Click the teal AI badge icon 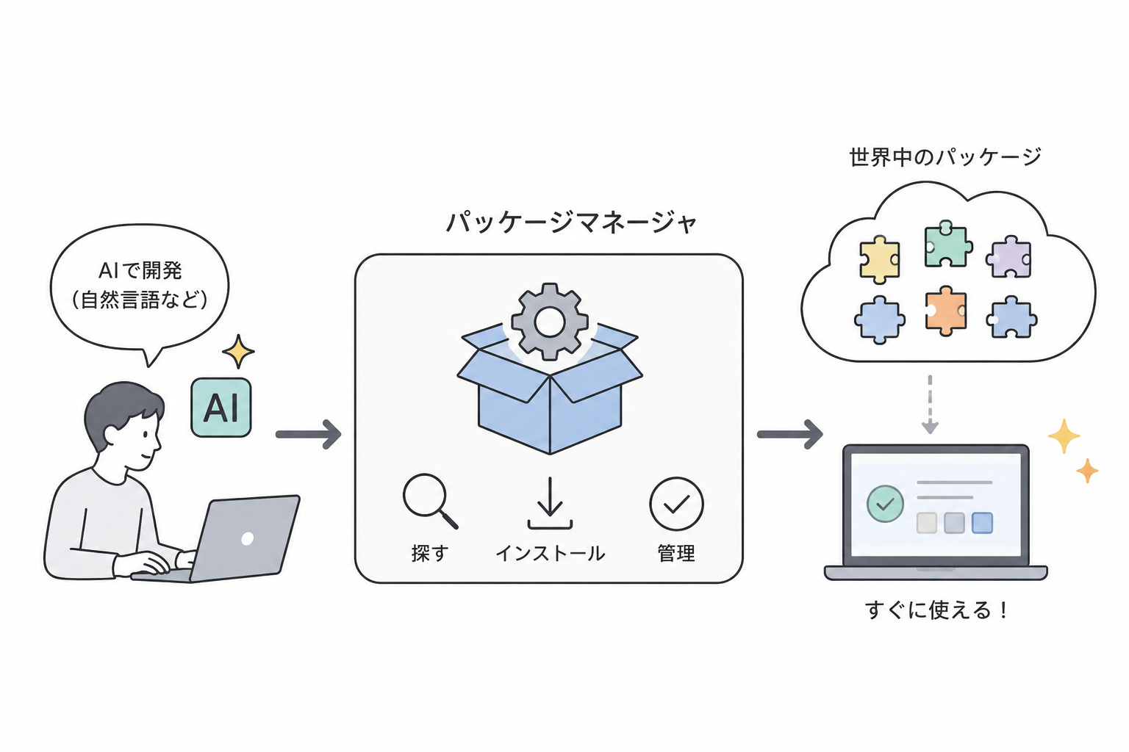(221, 408)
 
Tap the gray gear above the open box (549, 322)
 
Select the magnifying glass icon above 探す (430, 501)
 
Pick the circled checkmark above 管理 (676, 504)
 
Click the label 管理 (676, 554)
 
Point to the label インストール (551, 554)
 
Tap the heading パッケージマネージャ (572, 222)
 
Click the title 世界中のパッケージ (945, 156)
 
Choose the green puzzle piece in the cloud (947, 245)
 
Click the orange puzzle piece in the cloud (946, 311)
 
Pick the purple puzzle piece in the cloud (1008, 257)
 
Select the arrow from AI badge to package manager (309, 434)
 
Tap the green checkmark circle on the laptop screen (885, 504)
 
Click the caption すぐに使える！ (936, 610)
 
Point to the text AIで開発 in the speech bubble (140, 271)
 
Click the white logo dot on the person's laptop (248, 539)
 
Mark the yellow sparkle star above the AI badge (238, 351)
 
